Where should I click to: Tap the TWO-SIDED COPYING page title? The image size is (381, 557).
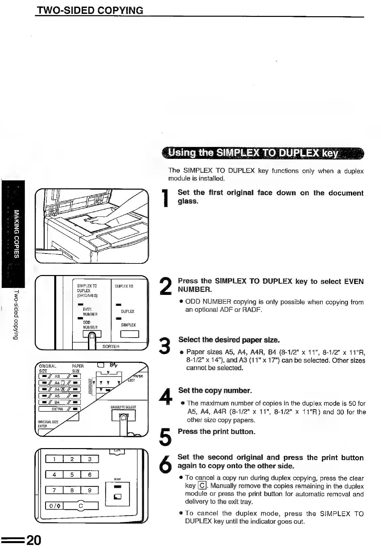[90, 10]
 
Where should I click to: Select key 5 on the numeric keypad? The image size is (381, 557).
[72, 475]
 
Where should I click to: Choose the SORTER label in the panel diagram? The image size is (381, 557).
[111, 347]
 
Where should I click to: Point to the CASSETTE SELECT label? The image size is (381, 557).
[123, 407]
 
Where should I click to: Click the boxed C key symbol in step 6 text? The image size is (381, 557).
[202, 486]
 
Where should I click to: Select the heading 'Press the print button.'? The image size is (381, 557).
[216, 432]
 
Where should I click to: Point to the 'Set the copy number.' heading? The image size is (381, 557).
[215, 391]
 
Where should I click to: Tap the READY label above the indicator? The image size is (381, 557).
[117, 479]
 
